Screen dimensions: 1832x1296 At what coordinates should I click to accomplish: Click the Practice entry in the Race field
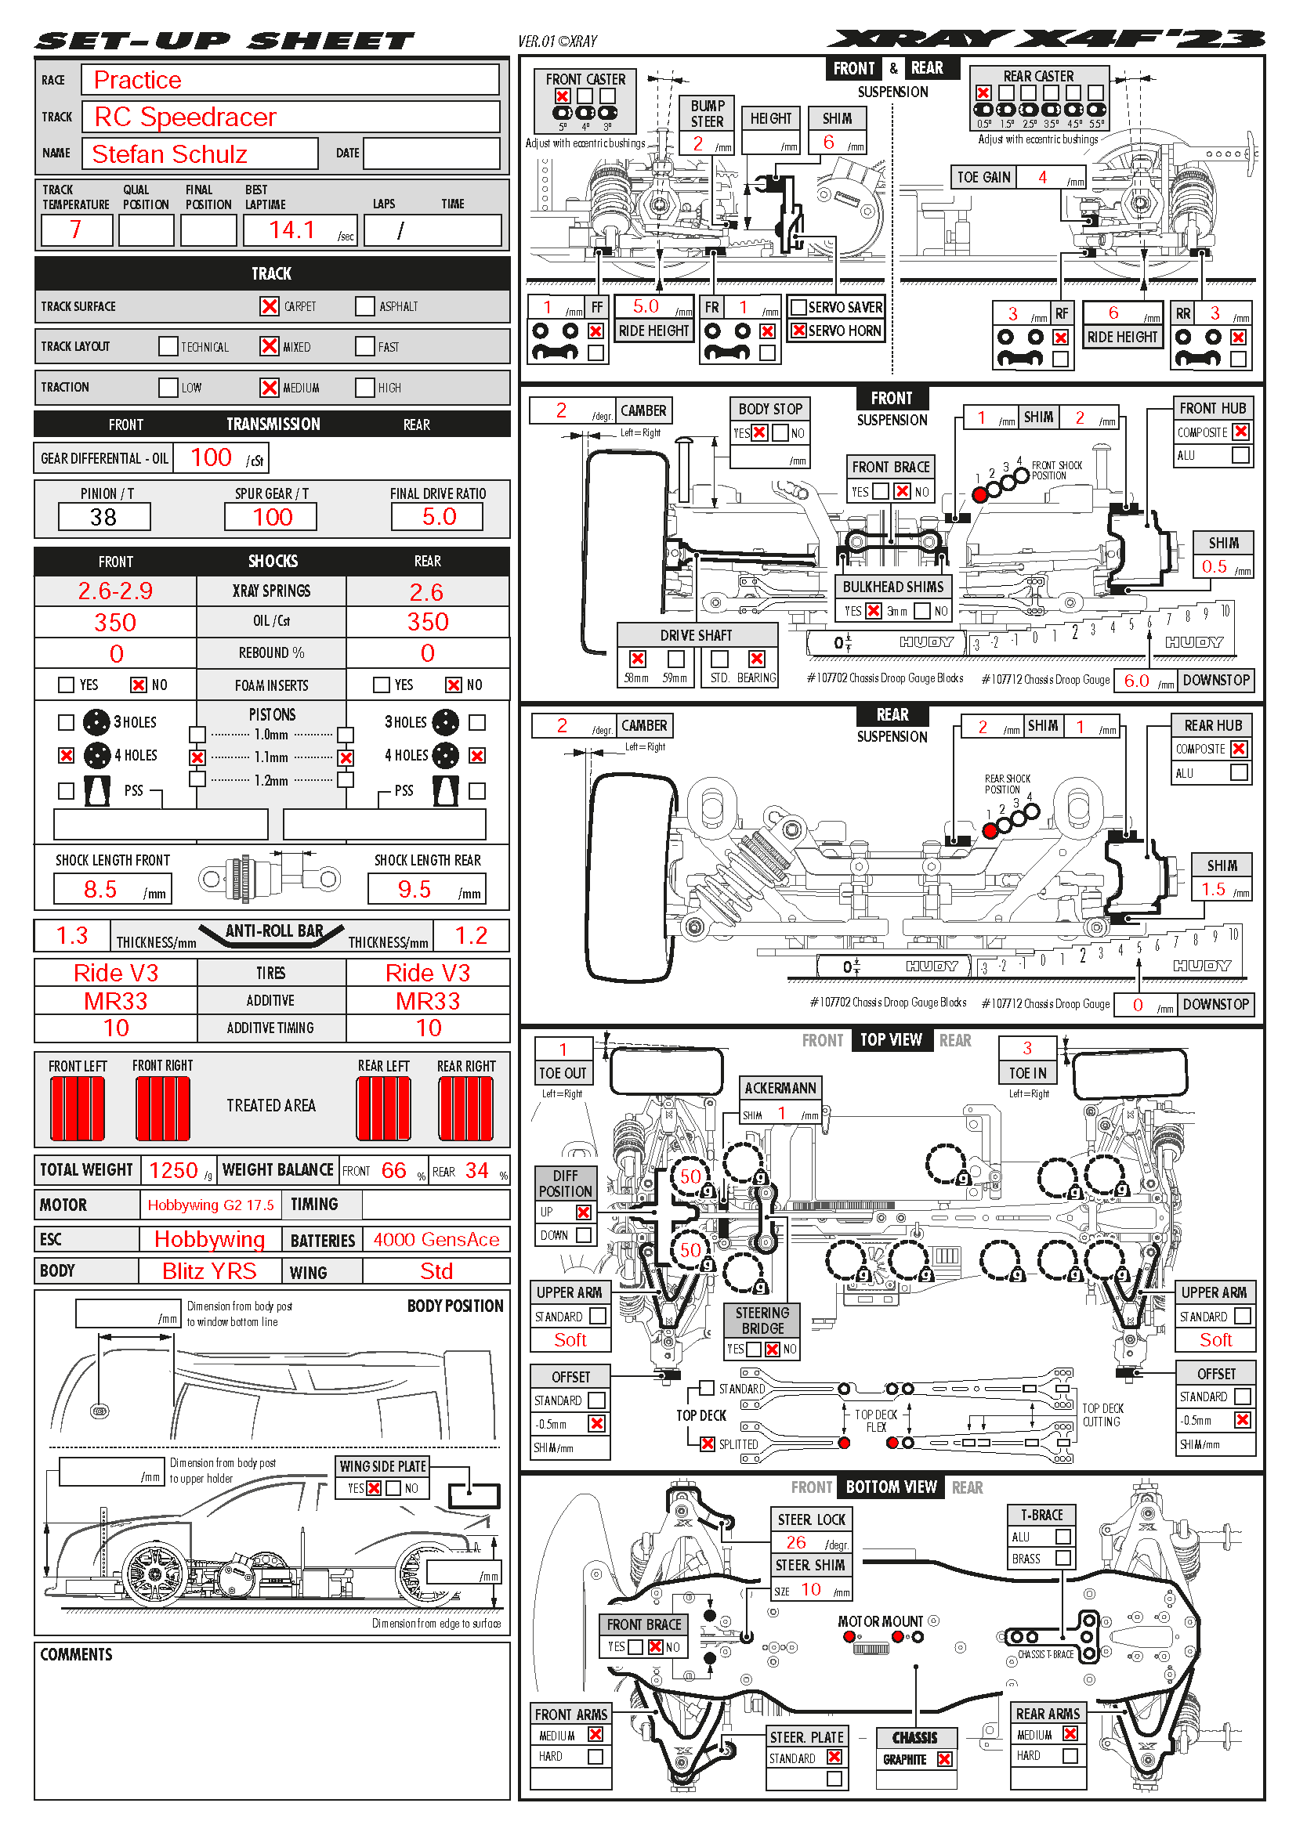point(137,80)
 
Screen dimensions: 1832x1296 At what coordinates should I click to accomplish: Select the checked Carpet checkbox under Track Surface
point(269,306)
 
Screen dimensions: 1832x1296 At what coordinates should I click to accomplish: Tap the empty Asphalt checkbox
point(364,306)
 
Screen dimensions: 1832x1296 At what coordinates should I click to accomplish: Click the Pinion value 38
point(103,517)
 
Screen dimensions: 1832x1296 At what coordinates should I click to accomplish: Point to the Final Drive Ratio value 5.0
point(438,517)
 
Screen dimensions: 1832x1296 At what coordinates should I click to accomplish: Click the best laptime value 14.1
point(292,230)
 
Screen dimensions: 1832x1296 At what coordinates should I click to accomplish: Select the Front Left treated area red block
point(78,1108)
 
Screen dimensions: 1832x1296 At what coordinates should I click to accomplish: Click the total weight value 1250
point(173,1170)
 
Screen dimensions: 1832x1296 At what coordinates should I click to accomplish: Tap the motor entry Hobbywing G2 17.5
point(211,1205)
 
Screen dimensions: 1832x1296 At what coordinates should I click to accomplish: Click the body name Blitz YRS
point(209,1271)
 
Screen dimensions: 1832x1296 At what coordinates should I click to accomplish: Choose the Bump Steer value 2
point(697,143)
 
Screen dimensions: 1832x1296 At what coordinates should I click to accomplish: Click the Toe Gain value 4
point(1042,177)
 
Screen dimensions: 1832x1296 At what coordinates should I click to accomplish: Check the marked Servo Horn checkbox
point(798,331)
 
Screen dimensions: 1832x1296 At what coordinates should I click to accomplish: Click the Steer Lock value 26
point(795,1542)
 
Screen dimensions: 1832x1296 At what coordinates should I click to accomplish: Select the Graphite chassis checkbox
point(944,1758)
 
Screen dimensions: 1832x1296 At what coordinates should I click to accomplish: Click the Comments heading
point(77,1655)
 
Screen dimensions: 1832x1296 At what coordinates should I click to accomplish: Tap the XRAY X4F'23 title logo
point(1045,39)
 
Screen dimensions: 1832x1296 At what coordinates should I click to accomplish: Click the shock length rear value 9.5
point(415,889)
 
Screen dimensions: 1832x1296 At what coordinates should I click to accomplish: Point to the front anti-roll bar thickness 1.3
point(72,935)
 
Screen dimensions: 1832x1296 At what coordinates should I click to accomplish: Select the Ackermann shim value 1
point(782,1113)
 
